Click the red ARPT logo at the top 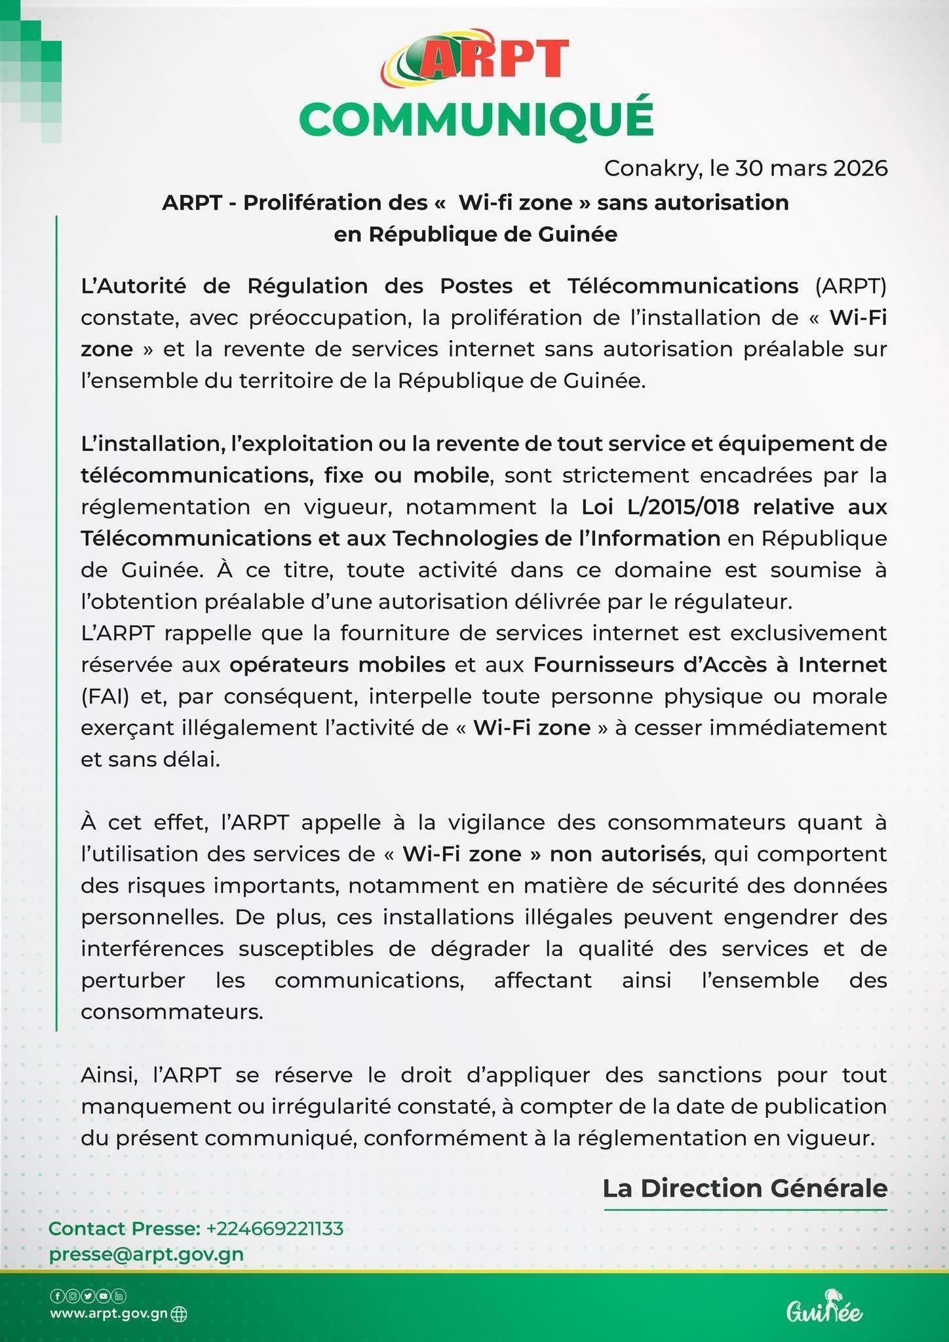point(475,59)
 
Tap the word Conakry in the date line point(653,168)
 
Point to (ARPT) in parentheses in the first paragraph point(851,286)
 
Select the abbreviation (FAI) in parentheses point(105,696)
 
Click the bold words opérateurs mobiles point(338,664)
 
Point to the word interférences point(152,948)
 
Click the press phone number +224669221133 point(275,1228)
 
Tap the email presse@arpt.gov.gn point(146,1254)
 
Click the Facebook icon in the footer point(56,1295)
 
